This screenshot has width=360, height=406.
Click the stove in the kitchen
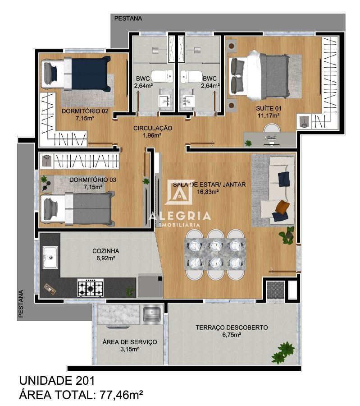[91, 288]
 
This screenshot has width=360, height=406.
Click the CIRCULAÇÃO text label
[152, 128]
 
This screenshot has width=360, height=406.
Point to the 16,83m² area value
[208, 191]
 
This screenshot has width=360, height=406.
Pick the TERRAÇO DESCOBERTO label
[232, 328]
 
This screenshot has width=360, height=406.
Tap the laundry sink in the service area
[152, 314]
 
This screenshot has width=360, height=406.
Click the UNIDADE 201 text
[57, 380]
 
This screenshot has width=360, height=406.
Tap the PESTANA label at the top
[128, 18]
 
